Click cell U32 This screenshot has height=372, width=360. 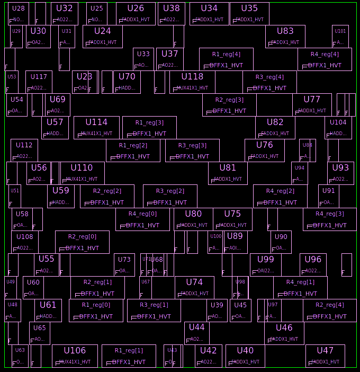pyautogui.click(x=64, y=14)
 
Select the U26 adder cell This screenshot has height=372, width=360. pyautogui.click(x=136, y=14)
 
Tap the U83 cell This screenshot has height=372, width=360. pyautogui.click(x=285, y=37)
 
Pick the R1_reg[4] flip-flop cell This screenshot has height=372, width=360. pyautogui.click(x=226, y=59)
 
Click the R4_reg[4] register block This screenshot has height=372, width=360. pyautogui.click(x=325, y=59)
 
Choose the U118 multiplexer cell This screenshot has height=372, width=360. pyautogui.click(x=192, y=82)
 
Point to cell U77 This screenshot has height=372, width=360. pyautogui.click(x=312, y=105)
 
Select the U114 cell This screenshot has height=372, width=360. pyautogui.click(x=96, y=128)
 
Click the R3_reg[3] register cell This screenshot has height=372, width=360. pyautogui.click(x=192, y=150)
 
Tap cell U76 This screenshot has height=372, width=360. pyautogui.click(x=264, y=150)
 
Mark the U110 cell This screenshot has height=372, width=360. pyautogui.click(x=82, y=173)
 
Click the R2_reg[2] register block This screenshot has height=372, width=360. pyautogui.click(x=107, y=196)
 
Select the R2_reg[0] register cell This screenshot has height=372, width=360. pyautogui.click(x=82, y=242)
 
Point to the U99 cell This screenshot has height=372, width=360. pyautogui.click(x=265, y=265)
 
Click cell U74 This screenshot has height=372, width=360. pyautogui.click(x=194, y=288)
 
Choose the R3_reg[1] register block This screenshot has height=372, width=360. pyautogui.click(x=154, y=311)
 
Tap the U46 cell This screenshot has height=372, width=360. pyautogui.click(x=284, y=333)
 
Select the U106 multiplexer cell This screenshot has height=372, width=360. pyautogui.click(x=75, y=356)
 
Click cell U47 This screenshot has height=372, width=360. pyautogui.click(x=325, y=356)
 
